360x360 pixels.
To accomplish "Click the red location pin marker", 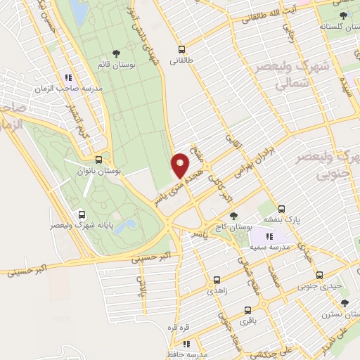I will point(180,166).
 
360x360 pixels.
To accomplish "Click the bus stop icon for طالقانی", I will point(182,49).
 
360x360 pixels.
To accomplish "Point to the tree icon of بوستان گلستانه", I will point(342,14).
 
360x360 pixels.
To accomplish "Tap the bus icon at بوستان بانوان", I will point(107,160).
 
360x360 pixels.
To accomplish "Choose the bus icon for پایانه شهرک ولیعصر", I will point(82,215).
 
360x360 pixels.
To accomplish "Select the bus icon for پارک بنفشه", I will point(281,209).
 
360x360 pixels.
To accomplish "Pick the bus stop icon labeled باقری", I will point(247,310).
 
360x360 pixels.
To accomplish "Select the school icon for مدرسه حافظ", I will point(186,345).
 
